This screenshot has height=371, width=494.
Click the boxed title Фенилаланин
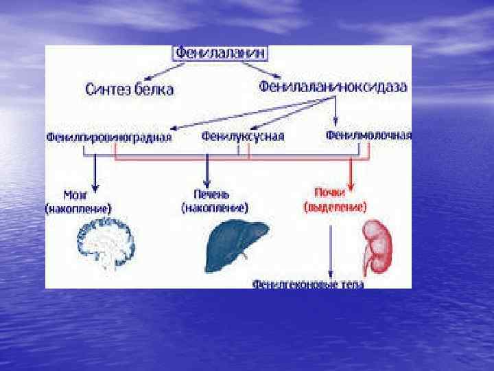click(219, 53)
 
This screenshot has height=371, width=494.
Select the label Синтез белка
click(129, 89)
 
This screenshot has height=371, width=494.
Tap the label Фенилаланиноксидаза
click(333, 87)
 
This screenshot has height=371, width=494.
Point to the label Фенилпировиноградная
click(108, 137)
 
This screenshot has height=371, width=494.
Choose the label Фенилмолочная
click(369, 135)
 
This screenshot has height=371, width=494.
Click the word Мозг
click(76, 194)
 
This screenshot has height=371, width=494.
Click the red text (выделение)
click(335, 206)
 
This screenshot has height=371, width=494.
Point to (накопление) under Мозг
click(78, 207)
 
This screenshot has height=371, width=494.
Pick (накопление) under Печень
click(215, 206)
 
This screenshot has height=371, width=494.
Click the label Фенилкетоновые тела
click(308, 282)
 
